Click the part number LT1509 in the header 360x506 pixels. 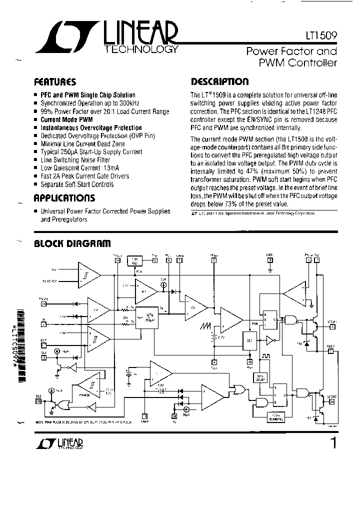(x=321, y=36)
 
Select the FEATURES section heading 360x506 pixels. (x=54, y=82)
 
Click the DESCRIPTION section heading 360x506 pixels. (x=219, y=82)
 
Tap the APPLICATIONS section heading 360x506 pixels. (x=64, y=198)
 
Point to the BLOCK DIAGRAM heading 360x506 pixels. (x=71, y=244)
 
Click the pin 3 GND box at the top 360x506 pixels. (x=270, y=260)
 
